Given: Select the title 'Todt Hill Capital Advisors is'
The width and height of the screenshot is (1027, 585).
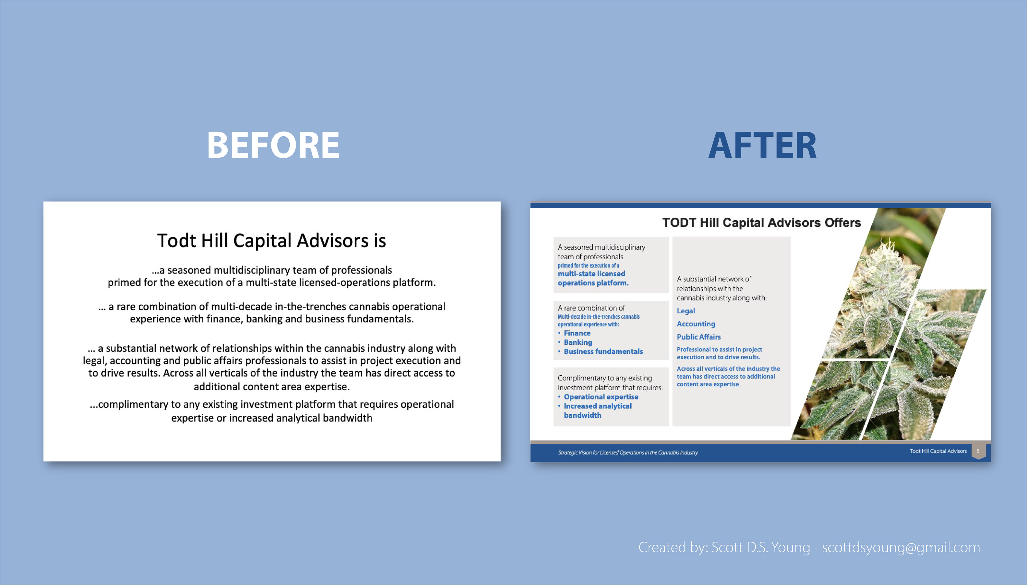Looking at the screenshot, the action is [x=272, y=241].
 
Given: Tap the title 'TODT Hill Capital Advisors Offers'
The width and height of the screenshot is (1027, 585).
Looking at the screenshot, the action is [x=761, y=223].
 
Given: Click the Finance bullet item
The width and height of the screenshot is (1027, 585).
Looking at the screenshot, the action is [x=577, y=333].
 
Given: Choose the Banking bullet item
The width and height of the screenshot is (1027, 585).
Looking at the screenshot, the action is [x=578, y=342].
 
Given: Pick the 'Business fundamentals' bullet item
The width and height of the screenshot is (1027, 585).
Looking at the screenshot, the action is [x=603, y=352].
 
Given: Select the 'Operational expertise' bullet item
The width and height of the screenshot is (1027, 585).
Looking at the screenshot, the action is [x=601, y=397].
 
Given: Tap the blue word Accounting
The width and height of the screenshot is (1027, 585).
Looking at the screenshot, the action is [x=696, y=324].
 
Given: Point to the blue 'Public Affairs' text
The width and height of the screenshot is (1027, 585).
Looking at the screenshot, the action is [x=699, y=337].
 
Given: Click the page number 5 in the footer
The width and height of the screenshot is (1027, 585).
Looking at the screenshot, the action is [x=978, y=451].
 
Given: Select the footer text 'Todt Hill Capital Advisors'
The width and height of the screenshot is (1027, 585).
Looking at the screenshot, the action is [x=938, y=451].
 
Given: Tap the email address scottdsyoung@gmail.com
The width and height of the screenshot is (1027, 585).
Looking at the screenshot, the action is [x=901, y=548].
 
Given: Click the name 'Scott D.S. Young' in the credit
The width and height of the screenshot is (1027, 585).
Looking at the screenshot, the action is [x=761, y=548].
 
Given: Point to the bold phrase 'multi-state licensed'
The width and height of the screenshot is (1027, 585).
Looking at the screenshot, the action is [x=591, y=274].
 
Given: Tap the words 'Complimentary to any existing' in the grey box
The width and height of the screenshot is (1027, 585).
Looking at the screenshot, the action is [x=605, y=378].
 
